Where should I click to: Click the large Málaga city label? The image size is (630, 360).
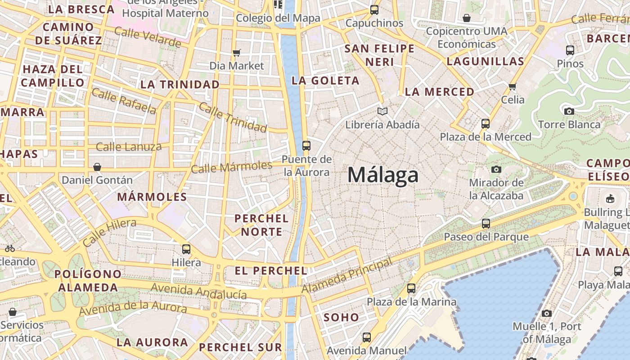pos(383,175)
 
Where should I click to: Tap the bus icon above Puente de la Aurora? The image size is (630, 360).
pos(306,145)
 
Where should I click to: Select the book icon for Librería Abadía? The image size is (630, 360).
pos(382,111)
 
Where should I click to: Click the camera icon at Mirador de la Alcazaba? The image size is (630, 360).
pos(496,169)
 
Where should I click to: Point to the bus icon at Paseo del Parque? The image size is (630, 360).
pos(486,223)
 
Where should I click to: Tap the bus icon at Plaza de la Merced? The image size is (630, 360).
pos(486,123)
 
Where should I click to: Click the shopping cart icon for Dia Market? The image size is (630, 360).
pos(237,53)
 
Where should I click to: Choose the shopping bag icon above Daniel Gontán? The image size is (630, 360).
pos(97,167)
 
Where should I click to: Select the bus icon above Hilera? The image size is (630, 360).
pos(186,249)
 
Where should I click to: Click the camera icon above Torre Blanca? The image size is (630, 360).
pos(569,111)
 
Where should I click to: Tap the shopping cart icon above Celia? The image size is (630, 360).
pos(513,86)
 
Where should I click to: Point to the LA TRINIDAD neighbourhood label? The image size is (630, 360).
pos(180,84)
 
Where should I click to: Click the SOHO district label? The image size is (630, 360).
pos(342,317)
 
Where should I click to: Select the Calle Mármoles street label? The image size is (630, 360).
pos(231,167)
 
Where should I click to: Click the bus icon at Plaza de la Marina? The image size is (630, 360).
pos(411,288)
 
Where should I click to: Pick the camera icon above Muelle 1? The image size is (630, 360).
pos(547,313)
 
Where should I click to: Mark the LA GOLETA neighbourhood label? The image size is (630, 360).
pos(325,81)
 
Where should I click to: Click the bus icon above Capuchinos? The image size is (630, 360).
pos(374,9)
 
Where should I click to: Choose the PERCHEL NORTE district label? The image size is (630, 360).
pos(261,225)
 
